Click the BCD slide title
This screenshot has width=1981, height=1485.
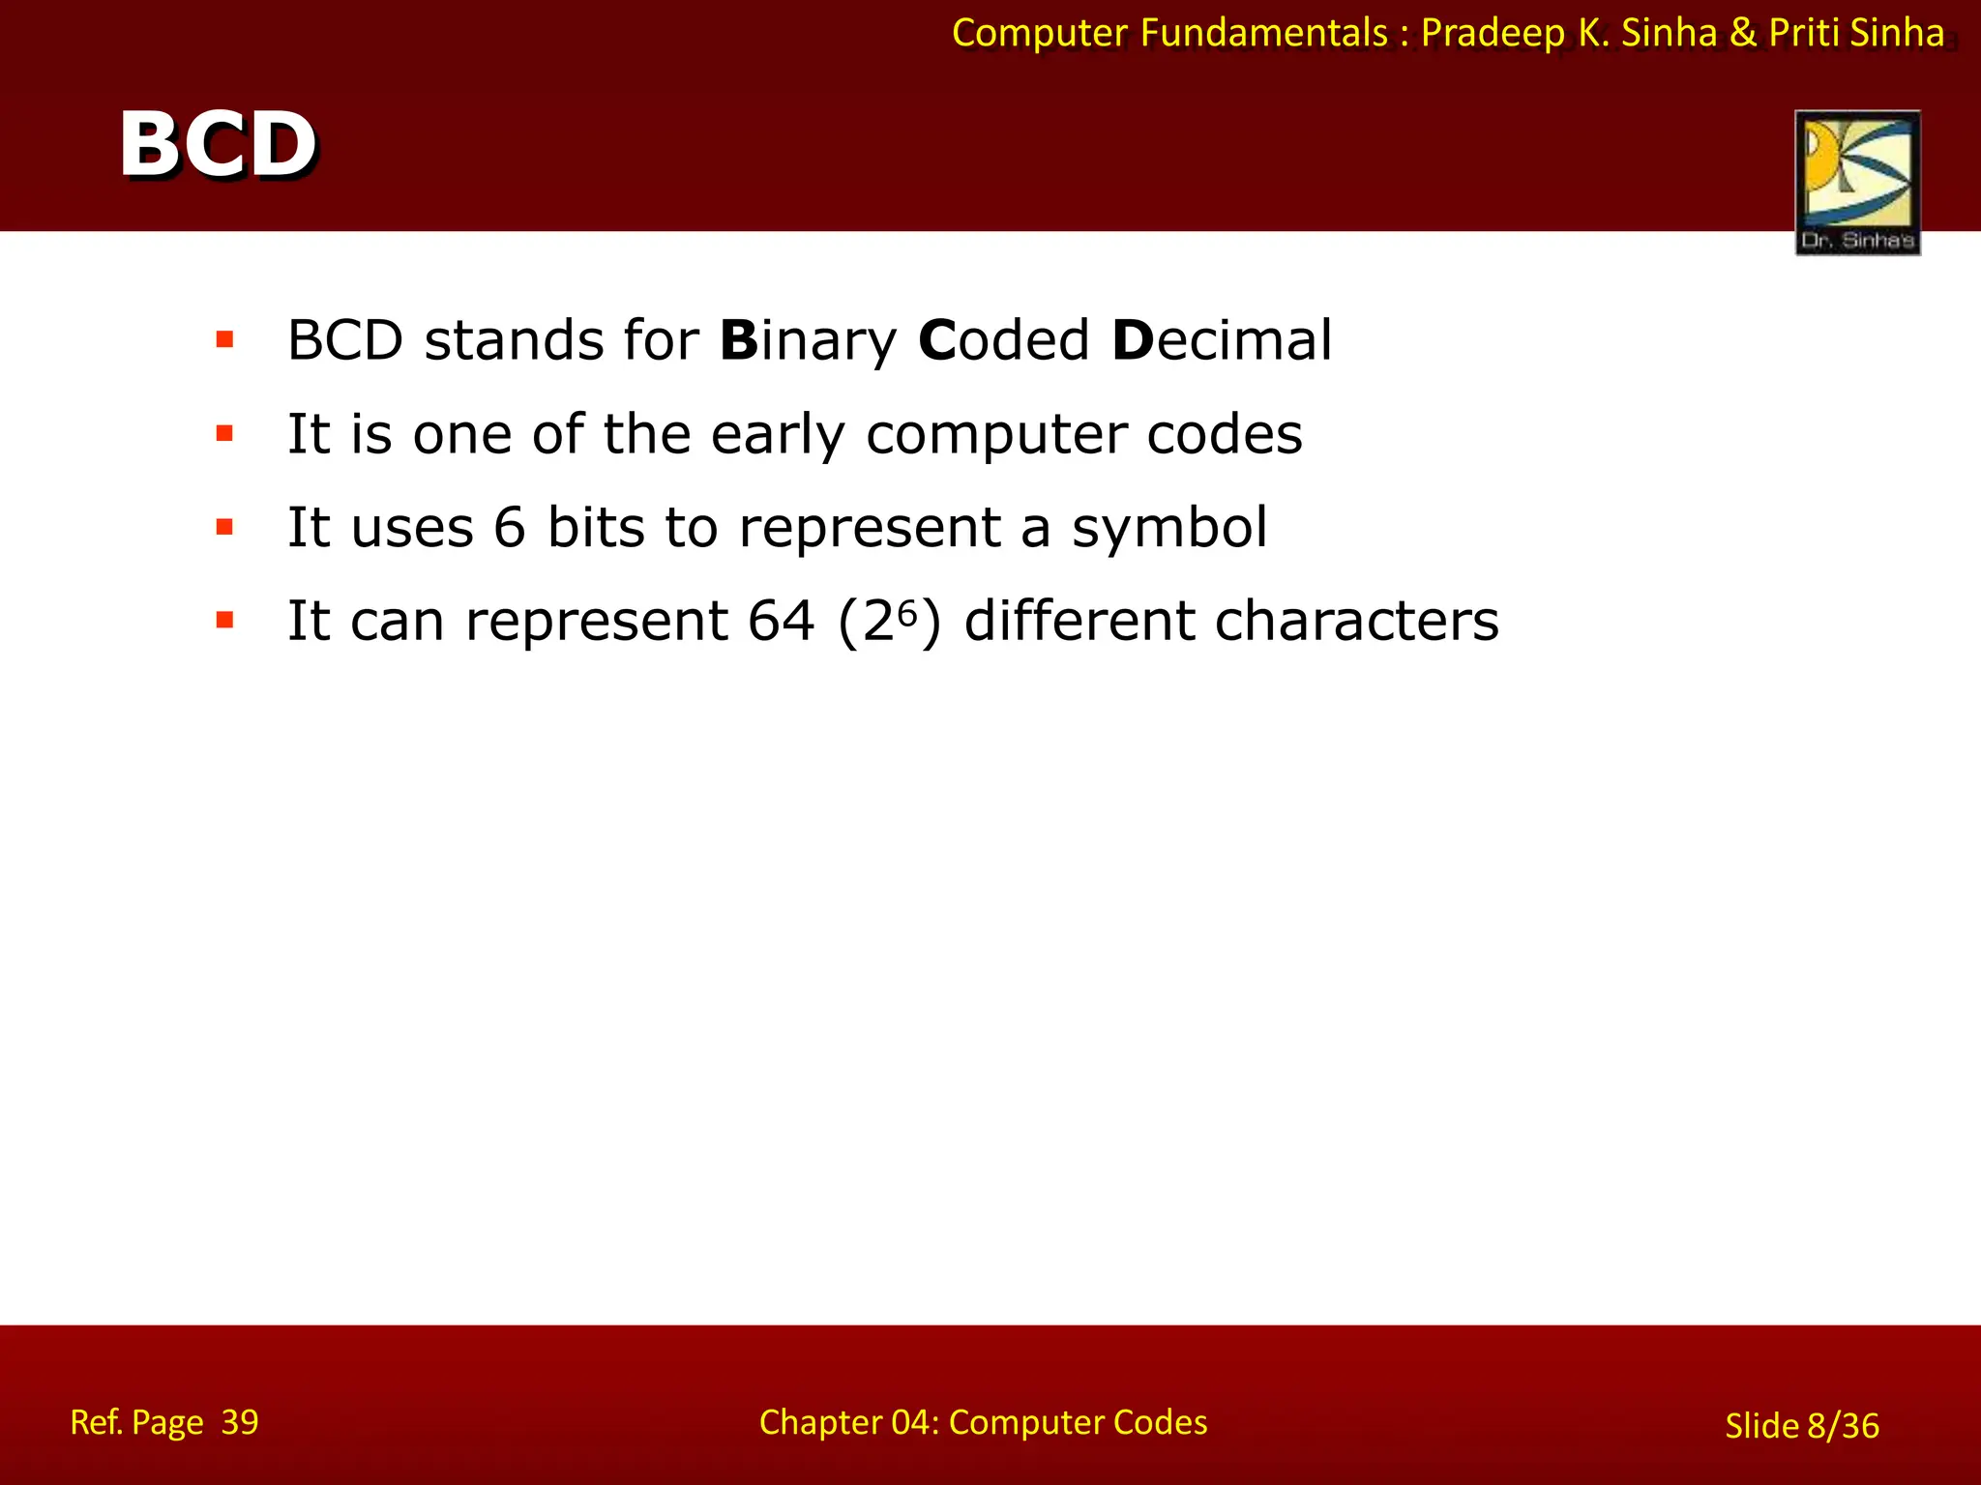pos(218,145)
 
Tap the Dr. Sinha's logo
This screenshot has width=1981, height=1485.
pos(1857,182)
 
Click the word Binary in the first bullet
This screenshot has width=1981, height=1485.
pos(809,340)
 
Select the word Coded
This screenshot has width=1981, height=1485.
pos(1004,340)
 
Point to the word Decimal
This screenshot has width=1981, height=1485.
pos(1222,340)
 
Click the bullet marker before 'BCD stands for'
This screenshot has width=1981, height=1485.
pos(225,339)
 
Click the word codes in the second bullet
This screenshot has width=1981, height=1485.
pos(1225,434)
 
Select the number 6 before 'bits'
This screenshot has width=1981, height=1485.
pos(510,528)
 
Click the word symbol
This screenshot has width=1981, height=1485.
pos(1169,528)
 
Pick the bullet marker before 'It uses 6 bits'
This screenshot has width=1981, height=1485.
pos(225,527)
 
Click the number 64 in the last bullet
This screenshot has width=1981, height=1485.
pos(782,621)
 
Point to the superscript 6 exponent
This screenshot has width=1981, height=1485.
pos(906,611)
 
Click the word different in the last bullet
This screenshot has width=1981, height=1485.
pos(1079,621)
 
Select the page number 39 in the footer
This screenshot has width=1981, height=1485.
pos(240,1422)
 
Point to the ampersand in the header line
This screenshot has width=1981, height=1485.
pos(1743,33)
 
